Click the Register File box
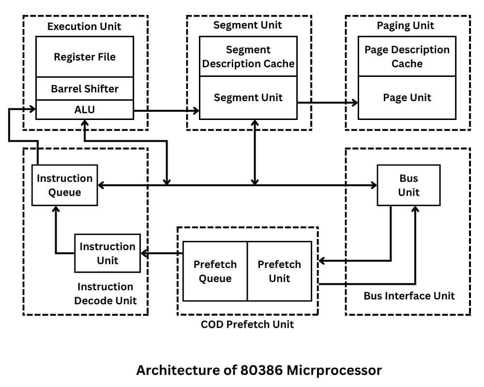[85, 57]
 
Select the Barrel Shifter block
[85, 89]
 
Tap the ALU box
[85, 110]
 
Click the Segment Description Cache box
[248, 57]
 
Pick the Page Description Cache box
[407, 57]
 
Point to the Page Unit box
[407, 98]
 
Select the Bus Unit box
[408, 185]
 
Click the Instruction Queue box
[64, 185]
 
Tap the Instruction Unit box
[107, 253]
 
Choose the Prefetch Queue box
[215, 271]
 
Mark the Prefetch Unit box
[279, 271]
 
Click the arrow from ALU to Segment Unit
[166, 111]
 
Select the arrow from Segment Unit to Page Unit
[328, 103]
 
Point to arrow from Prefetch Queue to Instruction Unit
[162, 253]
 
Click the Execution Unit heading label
[84, 26]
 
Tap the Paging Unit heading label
[406, 26]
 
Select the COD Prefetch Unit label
[247, 324]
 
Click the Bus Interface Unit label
[409, 296]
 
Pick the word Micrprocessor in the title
[334, 371]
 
